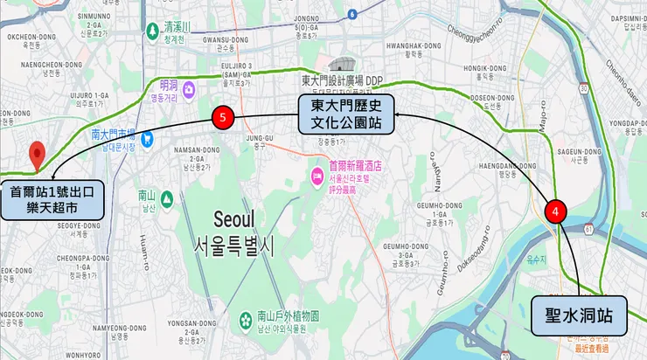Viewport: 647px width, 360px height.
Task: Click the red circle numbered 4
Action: (555, 211)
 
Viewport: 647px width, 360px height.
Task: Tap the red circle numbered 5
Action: (223, 117)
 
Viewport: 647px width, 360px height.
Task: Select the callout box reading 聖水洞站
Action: (580, 316)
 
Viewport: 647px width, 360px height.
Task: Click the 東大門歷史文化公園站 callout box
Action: (345, 114)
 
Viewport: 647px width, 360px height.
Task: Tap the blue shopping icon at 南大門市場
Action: (147, 137)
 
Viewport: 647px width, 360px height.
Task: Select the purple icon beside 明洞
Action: (191, 87)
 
